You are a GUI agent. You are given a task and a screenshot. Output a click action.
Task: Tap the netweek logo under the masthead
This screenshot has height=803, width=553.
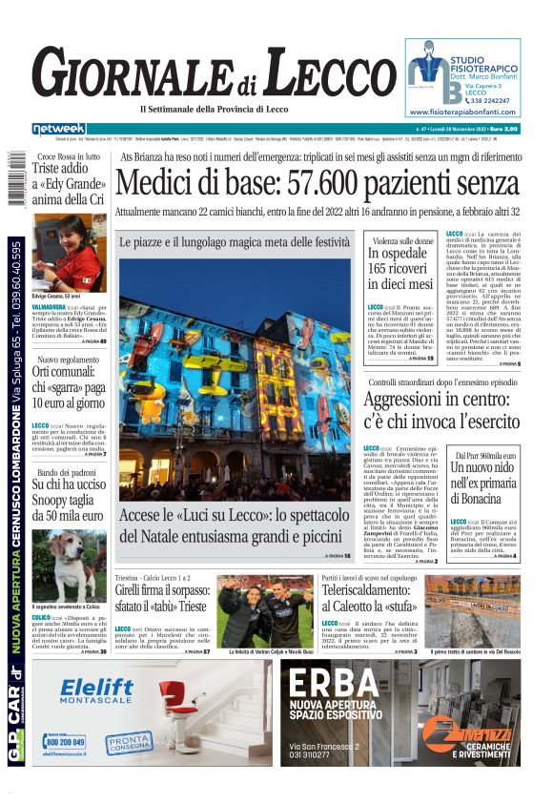click(x=59, y=129)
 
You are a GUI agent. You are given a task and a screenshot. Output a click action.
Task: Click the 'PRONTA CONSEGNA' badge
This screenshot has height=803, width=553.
click(x=129, y=741)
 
